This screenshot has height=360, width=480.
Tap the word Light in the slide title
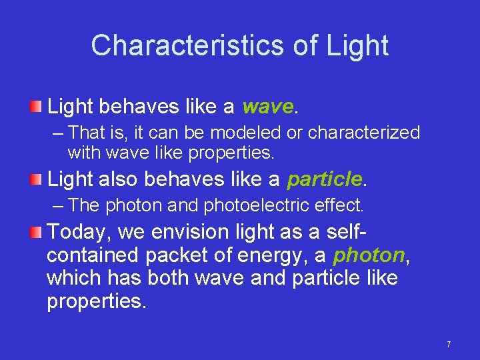[358, 45]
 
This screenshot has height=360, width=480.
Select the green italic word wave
[267, 107]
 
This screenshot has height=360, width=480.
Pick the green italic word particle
[324, 179]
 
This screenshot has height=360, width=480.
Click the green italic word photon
[369, 254]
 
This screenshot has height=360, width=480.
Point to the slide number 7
[449, 344]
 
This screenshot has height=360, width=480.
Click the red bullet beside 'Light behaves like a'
[37, 107]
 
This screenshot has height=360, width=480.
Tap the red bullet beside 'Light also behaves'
[37, 179]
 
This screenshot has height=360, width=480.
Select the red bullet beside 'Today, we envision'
[37, 231]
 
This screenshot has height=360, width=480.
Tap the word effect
[341, 205]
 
